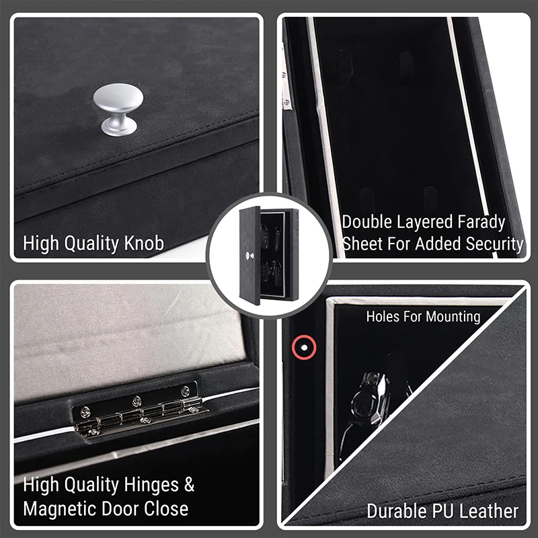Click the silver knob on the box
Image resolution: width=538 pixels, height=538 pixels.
coord(118,108)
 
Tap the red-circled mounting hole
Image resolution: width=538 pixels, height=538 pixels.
coord(303,347)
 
